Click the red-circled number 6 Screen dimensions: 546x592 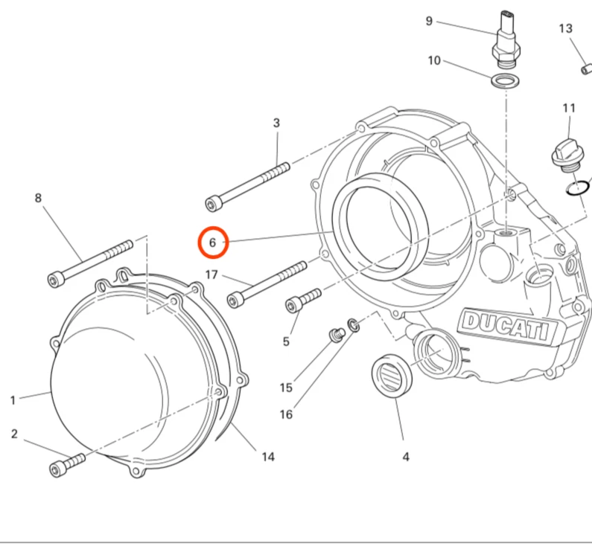[212, 243]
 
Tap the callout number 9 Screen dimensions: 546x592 [429, 21]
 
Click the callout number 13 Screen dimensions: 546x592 [566, 29]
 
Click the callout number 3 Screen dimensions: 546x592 [276, 123]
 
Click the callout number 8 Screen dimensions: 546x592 [38, 198]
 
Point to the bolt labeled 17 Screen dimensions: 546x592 [268, 283]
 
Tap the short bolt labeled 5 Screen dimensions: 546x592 [302, 299]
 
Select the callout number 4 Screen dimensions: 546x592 [405, 457]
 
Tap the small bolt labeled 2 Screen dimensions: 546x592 [64, 465]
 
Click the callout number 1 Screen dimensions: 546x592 [13, 400]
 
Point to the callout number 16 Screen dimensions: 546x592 [286, 414]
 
